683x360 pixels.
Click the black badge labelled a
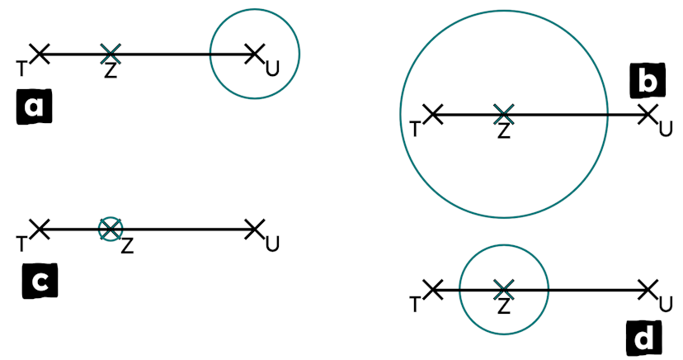pos(34,107)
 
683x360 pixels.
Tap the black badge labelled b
pos(648,81)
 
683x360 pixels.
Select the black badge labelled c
pos(40,281)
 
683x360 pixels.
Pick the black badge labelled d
pos(643,339)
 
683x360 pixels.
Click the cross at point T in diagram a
pos(40,54)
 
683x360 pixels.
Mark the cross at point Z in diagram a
pos(111,54)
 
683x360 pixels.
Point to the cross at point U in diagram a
pos(254,54)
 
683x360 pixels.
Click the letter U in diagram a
pos(273,69)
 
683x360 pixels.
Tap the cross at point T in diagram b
pos(433,115)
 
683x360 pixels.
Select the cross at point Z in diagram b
pos(503,115)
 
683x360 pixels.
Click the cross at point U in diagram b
pos(648,115)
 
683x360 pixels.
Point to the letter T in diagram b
pos(415,130)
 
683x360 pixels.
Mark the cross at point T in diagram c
pos(40,230)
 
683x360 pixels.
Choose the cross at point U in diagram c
pos(254,230)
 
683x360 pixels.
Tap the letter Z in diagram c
pos(127,246)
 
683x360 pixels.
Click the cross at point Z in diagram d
pos(503,290)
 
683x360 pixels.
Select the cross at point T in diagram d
pos(433,290)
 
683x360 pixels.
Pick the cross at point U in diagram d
pos(648,290)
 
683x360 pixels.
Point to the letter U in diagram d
pos(666,304)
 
